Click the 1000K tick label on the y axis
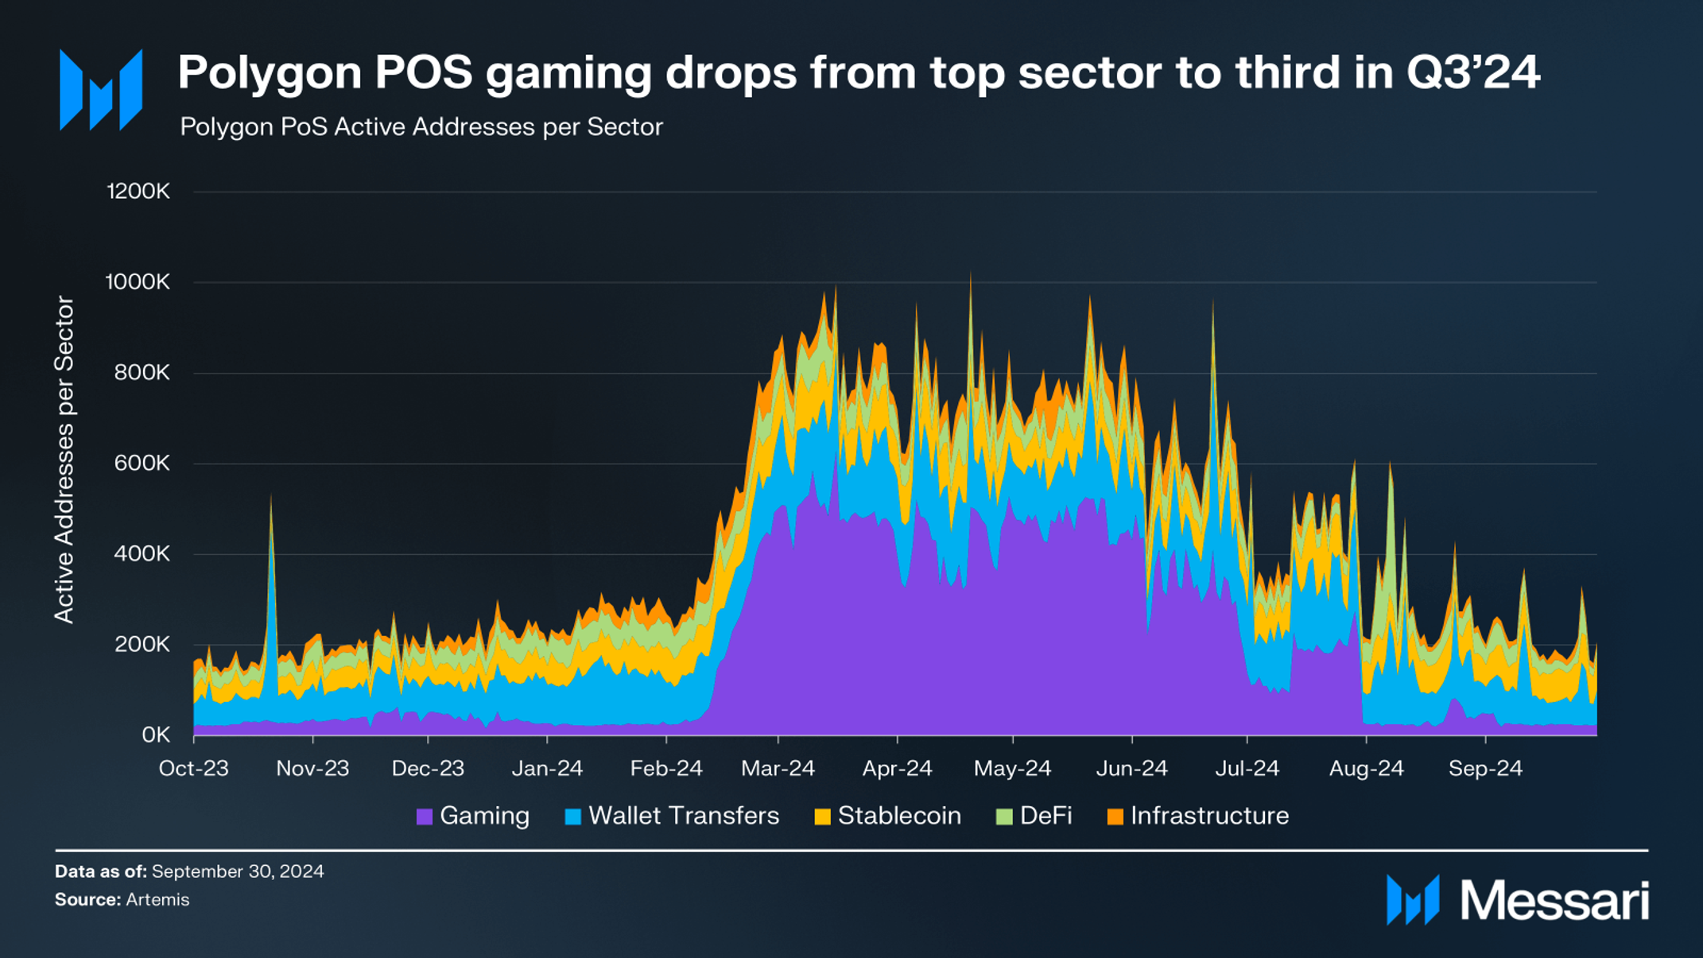coord(138,282)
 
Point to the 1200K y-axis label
coord(138,192)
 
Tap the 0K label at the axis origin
coord(155,735)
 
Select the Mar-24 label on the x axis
coord(778,769)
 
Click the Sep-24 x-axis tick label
coord(1484,769)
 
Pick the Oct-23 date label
coord(193,769)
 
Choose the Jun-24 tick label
coord(1131,769)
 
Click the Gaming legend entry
coord(473,816)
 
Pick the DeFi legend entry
coord(1034,816)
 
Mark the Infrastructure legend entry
coord(1198,816)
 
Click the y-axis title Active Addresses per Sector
coord(64,460)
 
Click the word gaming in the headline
coord(571,74)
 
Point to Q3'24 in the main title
coord(1472,72)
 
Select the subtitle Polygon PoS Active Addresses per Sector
coord(421,127)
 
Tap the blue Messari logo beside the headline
coord(101,90)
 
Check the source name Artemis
coord(157,900)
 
